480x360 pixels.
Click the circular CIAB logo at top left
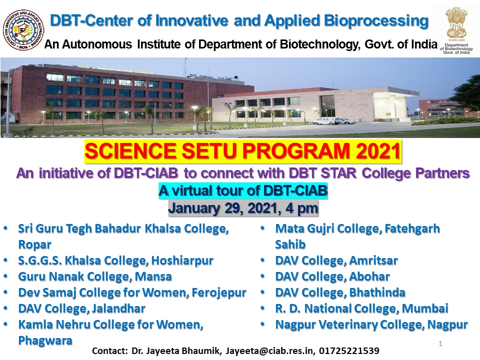tap(23, 30)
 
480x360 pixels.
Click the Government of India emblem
tap(456, 23)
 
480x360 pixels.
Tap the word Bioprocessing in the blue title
tap(376, 21)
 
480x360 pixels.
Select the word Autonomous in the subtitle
tap(97, 44)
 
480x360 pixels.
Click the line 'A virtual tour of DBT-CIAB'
tap(243, 190)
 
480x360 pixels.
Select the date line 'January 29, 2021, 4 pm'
tap(243, 208)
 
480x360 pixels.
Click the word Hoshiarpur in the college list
tap(182, 261)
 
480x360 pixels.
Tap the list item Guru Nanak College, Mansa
tap(95, 276)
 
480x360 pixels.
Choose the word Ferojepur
tap(219, 293)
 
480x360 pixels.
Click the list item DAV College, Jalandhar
tap(81, 308)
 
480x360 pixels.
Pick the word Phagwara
tap(45, 340)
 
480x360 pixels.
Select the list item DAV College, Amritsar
tap(336, 260)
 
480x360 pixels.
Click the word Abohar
tap(369, 276)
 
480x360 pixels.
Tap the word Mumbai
tap(425, 308)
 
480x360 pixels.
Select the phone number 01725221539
tap(349, 351)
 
